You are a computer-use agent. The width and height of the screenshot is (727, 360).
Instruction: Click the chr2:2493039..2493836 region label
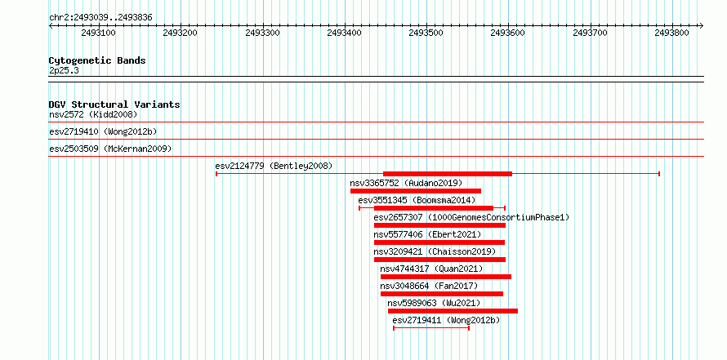[100, 18]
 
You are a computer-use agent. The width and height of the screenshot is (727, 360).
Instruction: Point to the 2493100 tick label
[98, 33]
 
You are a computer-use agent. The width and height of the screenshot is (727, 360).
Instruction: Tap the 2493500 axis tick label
[426, 33]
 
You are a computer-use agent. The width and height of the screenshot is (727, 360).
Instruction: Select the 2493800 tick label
[672, 33]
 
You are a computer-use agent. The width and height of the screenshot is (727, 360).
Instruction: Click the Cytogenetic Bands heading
[97, 60]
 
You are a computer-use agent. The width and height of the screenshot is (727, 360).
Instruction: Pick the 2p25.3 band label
[64, 71]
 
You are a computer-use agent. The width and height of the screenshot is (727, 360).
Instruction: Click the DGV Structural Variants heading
[114, 104]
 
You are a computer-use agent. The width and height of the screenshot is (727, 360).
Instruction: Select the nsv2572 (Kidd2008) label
[93, 114]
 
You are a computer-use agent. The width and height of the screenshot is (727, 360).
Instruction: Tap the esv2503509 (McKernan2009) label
[110, 149]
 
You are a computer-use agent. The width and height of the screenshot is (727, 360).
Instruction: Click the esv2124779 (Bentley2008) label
[274, 166]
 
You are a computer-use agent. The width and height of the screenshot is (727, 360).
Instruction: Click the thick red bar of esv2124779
[448, 174]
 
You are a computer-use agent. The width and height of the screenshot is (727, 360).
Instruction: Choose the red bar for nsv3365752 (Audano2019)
[416, 191]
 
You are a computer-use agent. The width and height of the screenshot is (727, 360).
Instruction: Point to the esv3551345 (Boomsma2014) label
[417, 200]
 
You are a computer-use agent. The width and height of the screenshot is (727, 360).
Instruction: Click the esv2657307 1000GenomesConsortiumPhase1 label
[471, 217]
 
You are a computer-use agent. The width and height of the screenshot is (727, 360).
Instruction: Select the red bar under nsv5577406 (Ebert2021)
[439, 242]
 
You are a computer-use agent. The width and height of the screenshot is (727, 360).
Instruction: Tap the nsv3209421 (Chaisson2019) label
[435, 251]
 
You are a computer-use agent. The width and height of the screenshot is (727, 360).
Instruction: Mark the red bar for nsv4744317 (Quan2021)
[445, 277]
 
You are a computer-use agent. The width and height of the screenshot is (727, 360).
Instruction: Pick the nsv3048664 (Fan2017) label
[428, 286]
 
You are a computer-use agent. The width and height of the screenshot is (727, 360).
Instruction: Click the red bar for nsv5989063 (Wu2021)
[453, 311]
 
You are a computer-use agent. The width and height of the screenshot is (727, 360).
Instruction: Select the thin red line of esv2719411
[431, 328]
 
